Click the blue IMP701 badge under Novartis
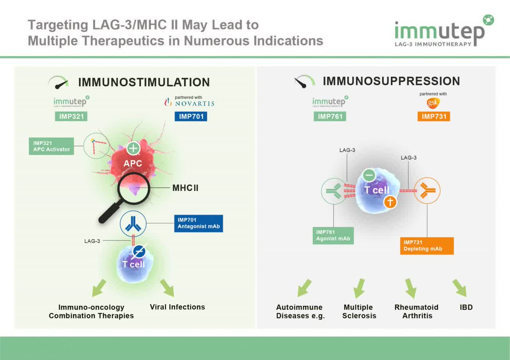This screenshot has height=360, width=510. pyautogui.click(x=190, y=116)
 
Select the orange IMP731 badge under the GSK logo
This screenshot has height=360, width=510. pyautogui.click(x=433, y=116)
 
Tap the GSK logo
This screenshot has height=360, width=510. pyautogui.click(x=433, y=103)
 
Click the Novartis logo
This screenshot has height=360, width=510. pyautogui.click(x=190, y=103)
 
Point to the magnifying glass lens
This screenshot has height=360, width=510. pyautogui.click(x=133, y=187)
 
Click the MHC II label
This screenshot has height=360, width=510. pyautogui.click(x=185, y=188)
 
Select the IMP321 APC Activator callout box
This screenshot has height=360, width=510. pyautogui.click(x=51, y=146)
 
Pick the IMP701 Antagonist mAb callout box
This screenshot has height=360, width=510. pyautogui.click(x=198, y=224)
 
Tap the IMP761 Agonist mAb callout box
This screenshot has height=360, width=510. pyautogui.click(x=333, y=236)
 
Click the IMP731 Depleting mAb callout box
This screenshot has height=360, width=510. pyautogui.click(x=427, y=246)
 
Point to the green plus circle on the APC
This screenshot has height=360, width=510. pyautogui.click(x=133, y=149)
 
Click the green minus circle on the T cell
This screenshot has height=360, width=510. pyautogui.click(x=369, y=175)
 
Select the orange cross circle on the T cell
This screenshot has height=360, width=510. pyautogui.click(x=390, y=202)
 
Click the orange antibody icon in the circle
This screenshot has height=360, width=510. pyautogui.click(x=427, y=191)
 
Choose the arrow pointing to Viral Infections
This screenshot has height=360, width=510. pyautogui.click(x=167, y=288)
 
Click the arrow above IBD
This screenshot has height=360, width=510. pyautogui.click(x=459, y=287)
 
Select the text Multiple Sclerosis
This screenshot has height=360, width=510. pyautogui.click(x=359, y=311)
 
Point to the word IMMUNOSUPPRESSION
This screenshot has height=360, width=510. pyautogui.click(x=391, y=81)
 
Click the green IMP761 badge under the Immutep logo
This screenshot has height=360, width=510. pyautogui.click(x=330, y=116)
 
